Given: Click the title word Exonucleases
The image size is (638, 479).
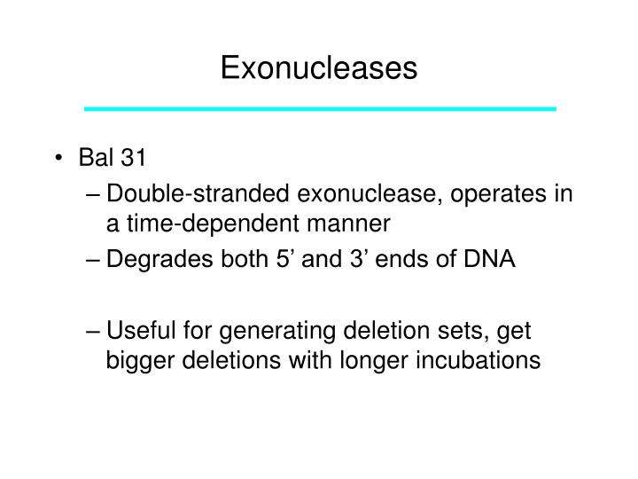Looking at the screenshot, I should click(318, 67).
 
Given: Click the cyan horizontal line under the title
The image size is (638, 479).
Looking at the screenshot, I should click(320, 108).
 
